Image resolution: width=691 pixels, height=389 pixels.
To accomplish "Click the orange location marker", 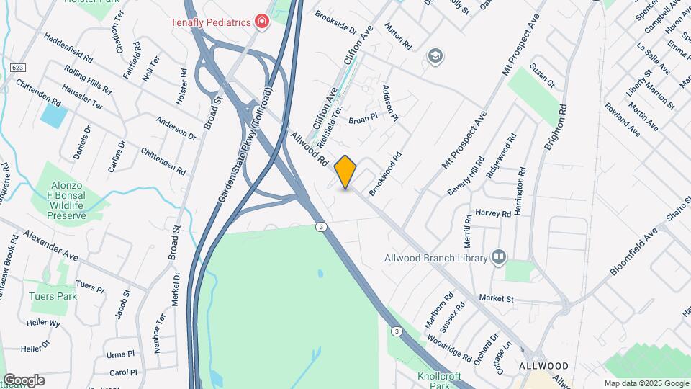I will (x=345, y=172).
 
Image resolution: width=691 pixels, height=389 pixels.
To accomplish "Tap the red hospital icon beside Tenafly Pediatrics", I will (x=262, y=22).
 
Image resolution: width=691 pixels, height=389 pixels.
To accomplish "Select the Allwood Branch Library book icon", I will (x=498, y=256).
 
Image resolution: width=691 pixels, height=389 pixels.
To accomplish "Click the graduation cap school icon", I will (x=435, y=55).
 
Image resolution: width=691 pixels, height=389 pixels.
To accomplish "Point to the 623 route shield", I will (x=19, y=67).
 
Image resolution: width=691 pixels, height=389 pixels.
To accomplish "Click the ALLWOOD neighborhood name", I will (x=544, y=366).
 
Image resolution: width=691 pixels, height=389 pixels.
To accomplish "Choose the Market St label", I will (x=496, y=298).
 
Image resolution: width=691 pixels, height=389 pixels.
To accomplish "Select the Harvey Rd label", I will (x=493, y=214).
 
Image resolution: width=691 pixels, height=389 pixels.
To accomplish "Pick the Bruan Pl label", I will (x=363, y=118).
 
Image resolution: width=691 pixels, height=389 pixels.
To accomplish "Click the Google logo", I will (x=23, y=380).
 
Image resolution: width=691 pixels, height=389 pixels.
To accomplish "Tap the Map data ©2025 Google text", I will (x=646, y=383).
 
